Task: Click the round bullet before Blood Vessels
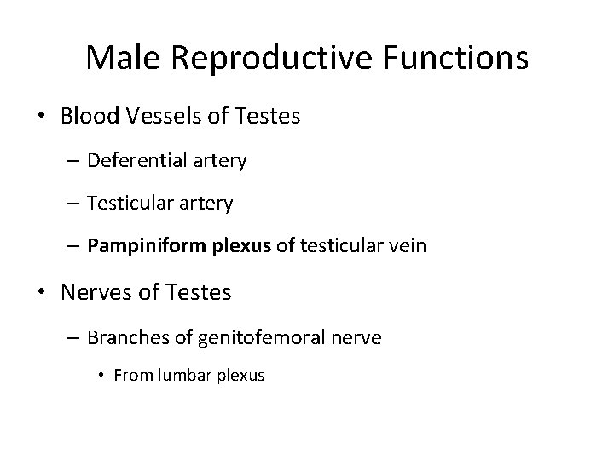(x=43, y=117)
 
